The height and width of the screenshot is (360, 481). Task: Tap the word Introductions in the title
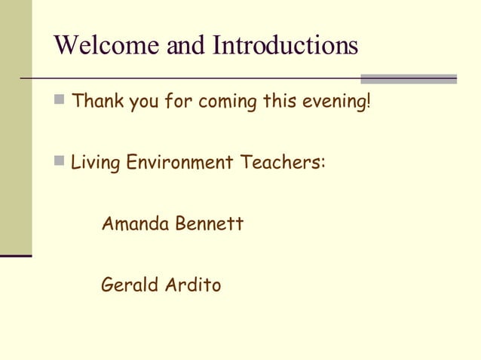pyautogui.click(x=285, y=46)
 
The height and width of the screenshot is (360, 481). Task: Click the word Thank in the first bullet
pyautogui.click(x=97, y=101)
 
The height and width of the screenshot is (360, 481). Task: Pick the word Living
pyautogui.click(x=95, y=163)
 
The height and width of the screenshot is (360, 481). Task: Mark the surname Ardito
pyautogui.click(x=192, y=285)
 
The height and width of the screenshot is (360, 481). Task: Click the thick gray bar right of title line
pyautogui.click(x=409, y=78)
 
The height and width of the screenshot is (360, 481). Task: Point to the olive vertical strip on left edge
pyautogui.click(x=16, y=128)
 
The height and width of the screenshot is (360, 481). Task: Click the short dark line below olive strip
pyautogui.click(x=16, y=256)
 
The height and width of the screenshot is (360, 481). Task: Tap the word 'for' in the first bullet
pyautogui.click(x=178, y=101)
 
